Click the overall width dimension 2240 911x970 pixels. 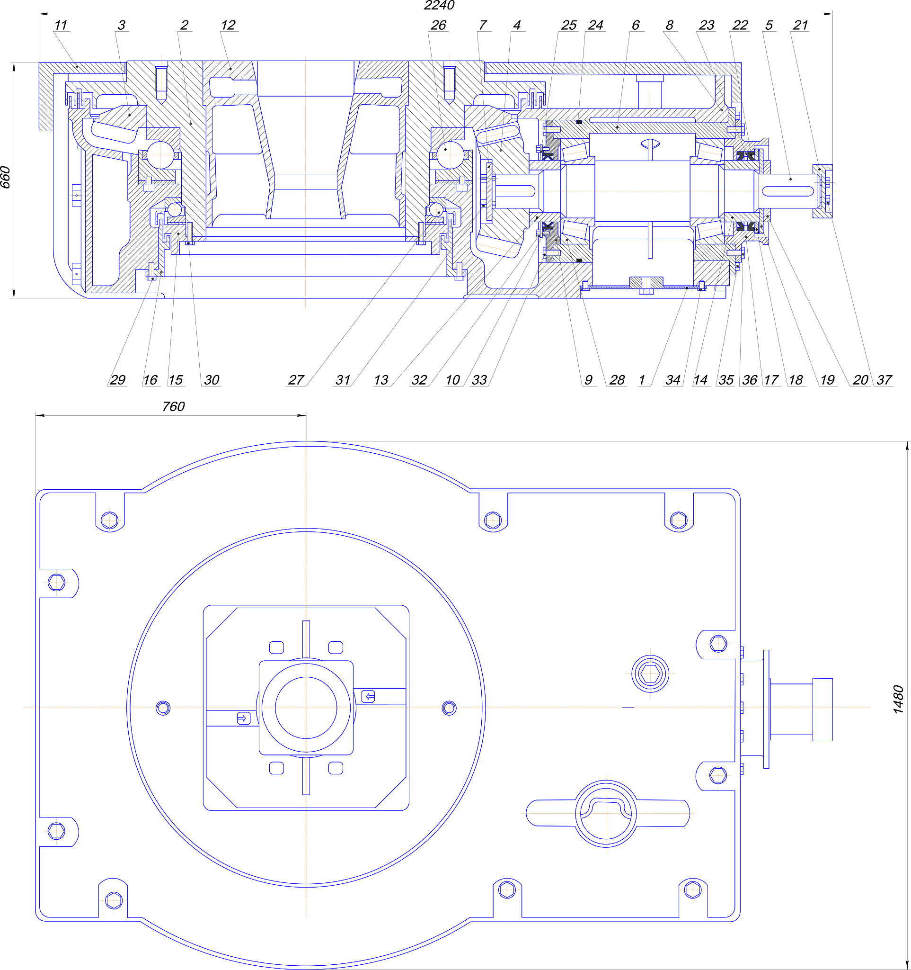tap(439, 5)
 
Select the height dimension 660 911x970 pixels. tap(5, 178)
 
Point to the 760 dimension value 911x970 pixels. tap(174, 406)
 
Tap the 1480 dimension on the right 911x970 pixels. tap(898, 700)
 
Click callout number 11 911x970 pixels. tap(61, 26)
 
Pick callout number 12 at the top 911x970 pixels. tap(228, 26)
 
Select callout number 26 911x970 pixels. tap(438, 26)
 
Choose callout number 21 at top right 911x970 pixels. tap(800, 26)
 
